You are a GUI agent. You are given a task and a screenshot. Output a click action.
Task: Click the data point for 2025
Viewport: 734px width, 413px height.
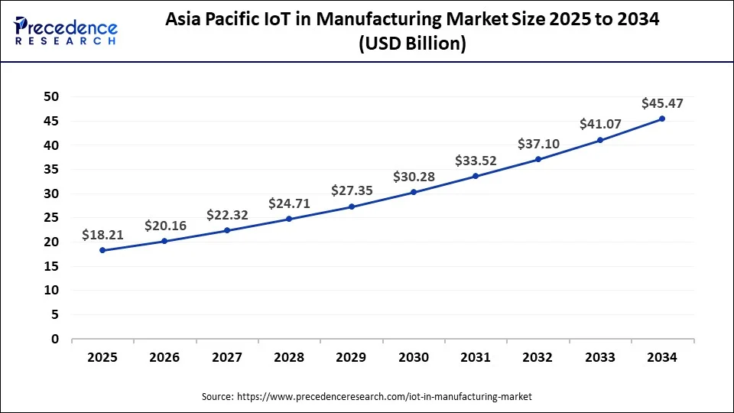[x=102, y=250]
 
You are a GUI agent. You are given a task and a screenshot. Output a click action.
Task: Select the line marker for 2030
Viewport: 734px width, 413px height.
[x=414, y=192]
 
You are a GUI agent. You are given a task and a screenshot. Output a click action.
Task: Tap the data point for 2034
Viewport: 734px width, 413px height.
[x=662, y=119]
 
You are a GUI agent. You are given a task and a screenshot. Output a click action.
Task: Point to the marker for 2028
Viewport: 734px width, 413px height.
[x=289, y=219]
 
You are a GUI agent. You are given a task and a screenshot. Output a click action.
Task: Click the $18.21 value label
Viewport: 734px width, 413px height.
[x=102, y=236]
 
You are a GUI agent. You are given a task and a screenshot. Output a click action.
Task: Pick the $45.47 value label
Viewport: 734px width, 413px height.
[x=662, y=102]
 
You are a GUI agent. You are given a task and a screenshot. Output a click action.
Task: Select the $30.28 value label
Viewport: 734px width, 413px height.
[x=414, y=177]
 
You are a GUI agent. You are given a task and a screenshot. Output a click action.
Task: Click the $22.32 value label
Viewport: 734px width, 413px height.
[x=227, y=216]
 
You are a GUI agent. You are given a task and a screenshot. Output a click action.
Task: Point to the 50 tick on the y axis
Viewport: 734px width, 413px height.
[x=51, y=96]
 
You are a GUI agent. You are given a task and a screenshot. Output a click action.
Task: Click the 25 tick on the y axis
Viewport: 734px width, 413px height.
[x=51, y=217]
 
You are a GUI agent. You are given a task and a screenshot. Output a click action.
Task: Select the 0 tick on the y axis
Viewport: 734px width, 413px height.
[x=55, y=339]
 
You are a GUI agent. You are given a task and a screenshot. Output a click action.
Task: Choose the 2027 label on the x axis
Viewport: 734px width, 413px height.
[x=227, y=357]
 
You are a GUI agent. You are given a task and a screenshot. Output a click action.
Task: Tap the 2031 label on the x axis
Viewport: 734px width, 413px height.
[x=476, y=357]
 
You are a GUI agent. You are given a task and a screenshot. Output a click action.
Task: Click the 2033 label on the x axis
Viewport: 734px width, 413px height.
[x=600, y=357]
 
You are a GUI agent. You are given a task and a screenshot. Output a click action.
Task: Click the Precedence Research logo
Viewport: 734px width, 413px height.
[x=66, y=31]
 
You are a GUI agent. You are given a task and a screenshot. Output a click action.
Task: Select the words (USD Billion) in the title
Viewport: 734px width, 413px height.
[x=412, y=44]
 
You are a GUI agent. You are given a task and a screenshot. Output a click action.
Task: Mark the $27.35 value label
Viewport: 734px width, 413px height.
[x=352, y=190]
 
